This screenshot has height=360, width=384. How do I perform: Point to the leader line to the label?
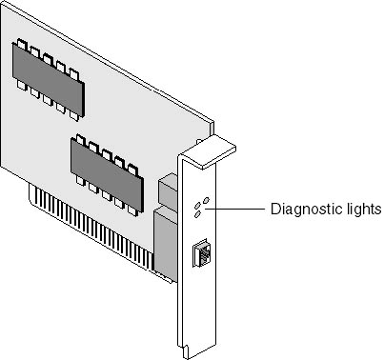[235, 209]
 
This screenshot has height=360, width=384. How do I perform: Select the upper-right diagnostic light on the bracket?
[206, 200]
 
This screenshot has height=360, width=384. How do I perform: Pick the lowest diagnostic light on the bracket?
[197, 214]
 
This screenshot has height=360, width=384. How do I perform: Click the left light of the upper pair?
[197, 205]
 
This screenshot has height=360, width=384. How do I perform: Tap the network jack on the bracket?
[200, 252]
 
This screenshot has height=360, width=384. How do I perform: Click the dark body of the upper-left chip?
[48, 79]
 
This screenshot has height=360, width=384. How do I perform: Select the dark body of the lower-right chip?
[107, 175]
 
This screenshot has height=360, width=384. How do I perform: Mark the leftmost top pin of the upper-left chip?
[22, 44]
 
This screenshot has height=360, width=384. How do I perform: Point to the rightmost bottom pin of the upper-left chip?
[73, 115]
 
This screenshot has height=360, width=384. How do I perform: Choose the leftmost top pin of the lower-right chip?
[80, 140]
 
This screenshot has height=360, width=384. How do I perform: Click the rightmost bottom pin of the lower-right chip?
[132, 210]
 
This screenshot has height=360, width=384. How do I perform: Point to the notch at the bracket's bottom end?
[185, 350]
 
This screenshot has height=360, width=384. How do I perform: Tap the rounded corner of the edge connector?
[31, 200]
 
